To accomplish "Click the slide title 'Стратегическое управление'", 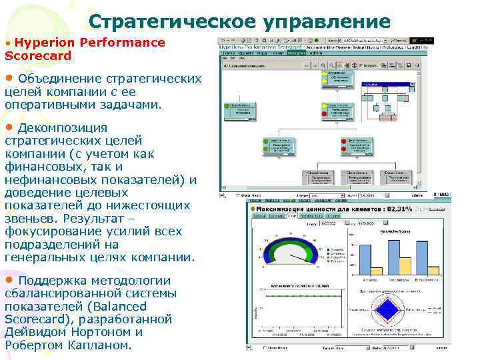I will pyautogui.click(x=239, y=22).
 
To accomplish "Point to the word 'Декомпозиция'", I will pyautogui.click(x=63, y=128).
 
